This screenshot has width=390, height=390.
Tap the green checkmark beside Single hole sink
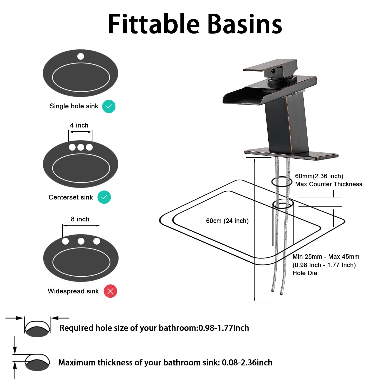coord(109,106)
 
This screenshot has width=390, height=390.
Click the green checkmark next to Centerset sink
coord(104,197)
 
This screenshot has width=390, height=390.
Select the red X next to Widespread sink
coord(110,291)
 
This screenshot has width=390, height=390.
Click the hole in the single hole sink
coord(81,56)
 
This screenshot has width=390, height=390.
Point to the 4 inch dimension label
coord(79,125)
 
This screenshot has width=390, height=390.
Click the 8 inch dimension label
coord(80,219)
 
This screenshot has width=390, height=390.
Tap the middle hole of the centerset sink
coord(81,147)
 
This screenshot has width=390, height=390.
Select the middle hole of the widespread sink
coord(81,241)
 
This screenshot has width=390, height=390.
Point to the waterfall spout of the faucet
coord(242,96)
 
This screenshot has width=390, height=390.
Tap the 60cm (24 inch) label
coord(227,221)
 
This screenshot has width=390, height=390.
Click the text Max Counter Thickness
coord(328,184)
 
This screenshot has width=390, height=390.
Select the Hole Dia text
coord(305,273)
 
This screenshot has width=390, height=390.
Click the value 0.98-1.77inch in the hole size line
coord(224,328)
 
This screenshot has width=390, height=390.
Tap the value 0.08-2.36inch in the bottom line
coord(247,362)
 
